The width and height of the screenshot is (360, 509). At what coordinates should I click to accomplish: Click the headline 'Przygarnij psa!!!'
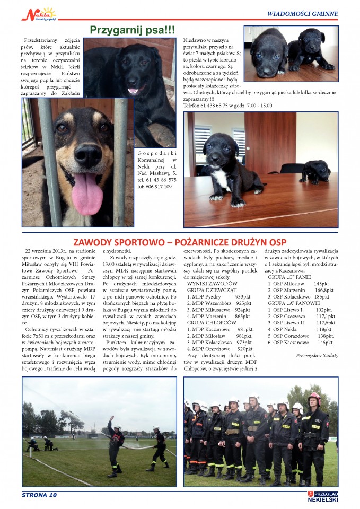point(133,30)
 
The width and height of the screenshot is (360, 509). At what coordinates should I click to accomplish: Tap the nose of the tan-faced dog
point(88,155)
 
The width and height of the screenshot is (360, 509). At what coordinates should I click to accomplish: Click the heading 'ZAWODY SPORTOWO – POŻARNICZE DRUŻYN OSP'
point(180,241)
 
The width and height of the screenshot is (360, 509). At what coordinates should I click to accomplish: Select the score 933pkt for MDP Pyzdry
point(242,297)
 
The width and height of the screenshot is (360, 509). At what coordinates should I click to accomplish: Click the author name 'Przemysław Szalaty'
point(317,355)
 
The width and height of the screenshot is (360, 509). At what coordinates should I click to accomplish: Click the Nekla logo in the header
point(38,14)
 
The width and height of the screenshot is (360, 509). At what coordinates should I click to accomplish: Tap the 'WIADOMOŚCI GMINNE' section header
point(302,14)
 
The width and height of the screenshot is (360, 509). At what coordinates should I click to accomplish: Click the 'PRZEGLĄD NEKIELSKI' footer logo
point(322,496)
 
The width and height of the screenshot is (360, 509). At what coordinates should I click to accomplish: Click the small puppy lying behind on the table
point(317,172)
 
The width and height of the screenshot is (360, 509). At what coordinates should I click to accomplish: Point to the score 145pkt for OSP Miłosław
point(322,284)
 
